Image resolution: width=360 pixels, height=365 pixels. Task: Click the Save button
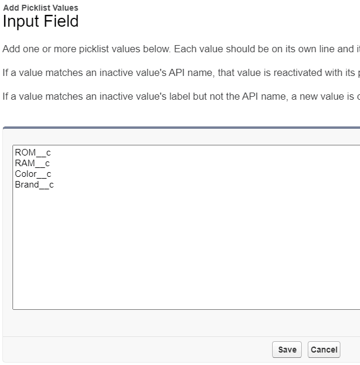[x=286, y=350]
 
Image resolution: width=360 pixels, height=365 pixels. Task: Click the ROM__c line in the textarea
[x=33, y=153]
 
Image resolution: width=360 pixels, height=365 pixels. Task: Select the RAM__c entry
[x=32, y=163]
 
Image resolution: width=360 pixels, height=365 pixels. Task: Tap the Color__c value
[x=33, y=174]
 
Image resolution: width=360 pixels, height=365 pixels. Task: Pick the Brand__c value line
[x=34, y=185]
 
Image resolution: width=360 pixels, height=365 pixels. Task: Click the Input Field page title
[x=40, y=21]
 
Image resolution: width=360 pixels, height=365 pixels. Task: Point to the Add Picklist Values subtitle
[x=40, y=8]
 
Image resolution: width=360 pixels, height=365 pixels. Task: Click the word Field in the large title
[x=61, y=21]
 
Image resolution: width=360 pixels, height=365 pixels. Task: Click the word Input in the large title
[x=21, y=21]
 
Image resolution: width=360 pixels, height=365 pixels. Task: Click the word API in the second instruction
[x=176, y=72]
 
